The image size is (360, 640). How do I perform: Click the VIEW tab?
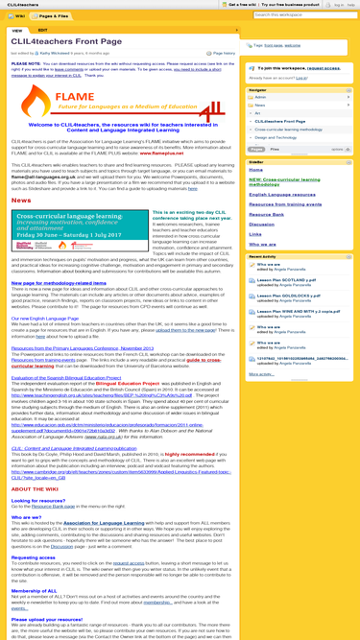click(x=17, y=31)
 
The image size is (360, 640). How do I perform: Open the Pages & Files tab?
click(x=54, y=16)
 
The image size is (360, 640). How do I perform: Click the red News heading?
click(x=20, y=201)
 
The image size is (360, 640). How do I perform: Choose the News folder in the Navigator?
click(x=262, y=105)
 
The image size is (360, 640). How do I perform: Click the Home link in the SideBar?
click(x=254, y=169)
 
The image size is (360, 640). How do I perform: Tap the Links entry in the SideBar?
click(x=254, y=234)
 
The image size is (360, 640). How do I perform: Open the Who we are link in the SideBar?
click(x=262, y=244)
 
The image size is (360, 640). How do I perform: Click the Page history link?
click(x=223, y=53)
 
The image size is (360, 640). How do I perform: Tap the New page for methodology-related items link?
click(x=59, y=283)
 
